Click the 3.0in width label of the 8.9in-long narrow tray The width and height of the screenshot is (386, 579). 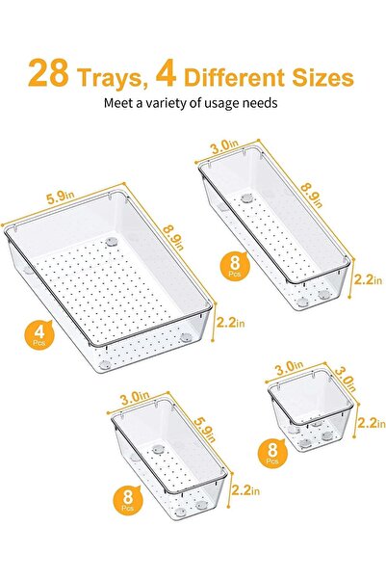tap(226, 146)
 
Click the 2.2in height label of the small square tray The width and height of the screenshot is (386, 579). tap(370, 423)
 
